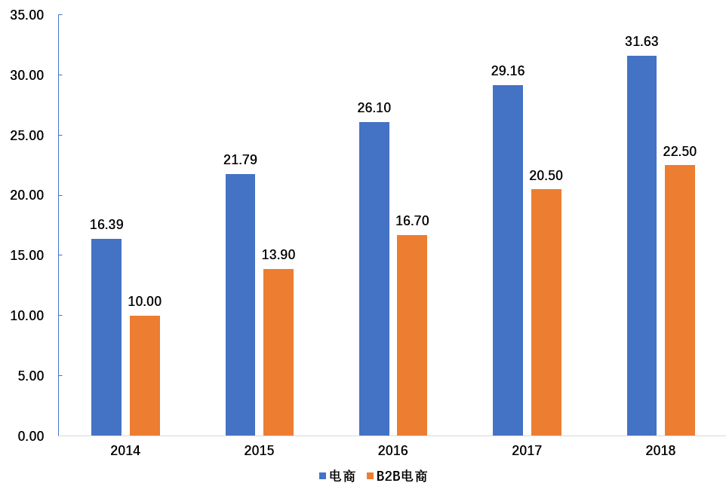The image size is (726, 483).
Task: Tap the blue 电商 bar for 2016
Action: pos(374,279)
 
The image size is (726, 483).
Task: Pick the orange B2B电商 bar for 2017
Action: pos(546,312)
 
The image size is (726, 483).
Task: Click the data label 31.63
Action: pos(641,42)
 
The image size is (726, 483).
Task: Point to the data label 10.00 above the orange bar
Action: pos(145,301)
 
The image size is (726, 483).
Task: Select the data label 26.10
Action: pos(374,108)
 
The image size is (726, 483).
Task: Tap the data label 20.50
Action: pos(546,176)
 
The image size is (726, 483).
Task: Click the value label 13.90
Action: pos(278,255)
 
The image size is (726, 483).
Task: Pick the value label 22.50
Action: pos(679,151)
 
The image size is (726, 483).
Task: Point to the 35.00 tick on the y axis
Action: pos(26,16)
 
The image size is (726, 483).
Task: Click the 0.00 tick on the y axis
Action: pos(29,436)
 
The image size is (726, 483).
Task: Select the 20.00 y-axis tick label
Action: pos(26,196)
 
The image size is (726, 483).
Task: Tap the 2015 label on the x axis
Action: pos(259,451)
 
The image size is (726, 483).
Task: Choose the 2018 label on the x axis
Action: pos(660,451)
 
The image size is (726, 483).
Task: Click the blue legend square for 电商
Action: pos(323,475)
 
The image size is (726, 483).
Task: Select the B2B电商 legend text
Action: pos(401,475)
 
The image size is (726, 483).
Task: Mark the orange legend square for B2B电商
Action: pos(370,475)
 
